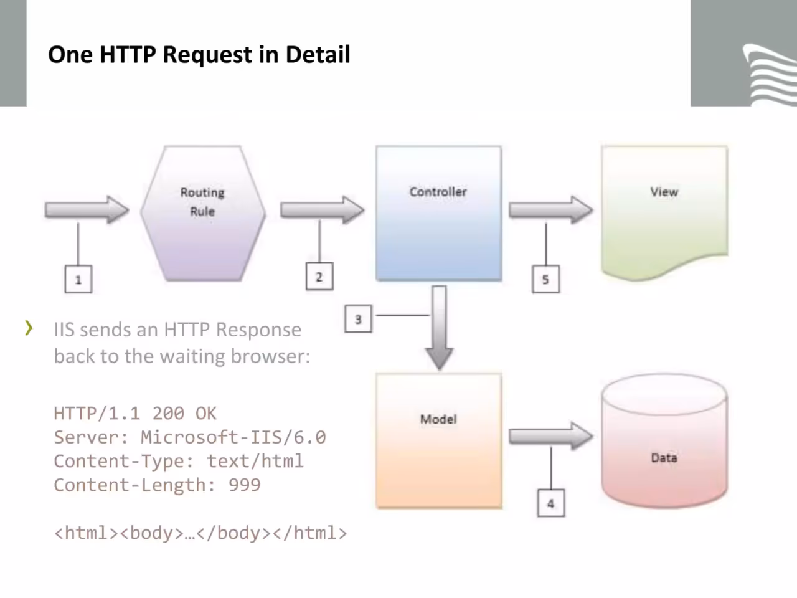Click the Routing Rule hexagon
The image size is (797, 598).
tap(203, 213)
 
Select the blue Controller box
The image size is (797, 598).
tap(438, 213)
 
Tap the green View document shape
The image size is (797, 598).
tap(664, 212)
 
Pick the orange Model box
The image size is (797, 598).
tap(438, 440)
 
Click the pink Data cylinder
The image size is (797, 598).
tap(664, 440)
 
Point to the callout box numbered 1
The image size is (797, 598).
tap(78, 279)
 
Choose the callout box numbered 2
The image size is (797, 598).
tap(319, 277)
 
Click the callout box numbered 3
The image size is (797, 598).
tap(359, 319)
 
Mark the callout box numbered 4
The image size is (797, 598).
tap(551, 503)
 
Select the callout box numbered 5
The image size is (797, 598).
tap(545, 279)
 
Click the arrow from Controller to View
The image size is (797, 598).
tap(550, 210)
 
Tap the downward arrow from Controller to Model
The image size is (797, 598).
tap(440, 328)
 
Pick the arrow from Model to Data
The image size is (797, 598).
tap(550, 436)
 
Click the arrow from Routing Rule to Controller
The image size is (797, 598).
tap(322, 210)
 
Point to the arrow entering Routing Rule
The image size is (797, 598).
tap(87, 210)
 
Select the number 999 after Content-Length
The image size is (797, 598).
tap(245, 485)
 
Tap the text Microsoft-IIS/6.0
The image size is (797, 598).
tap(233, 437)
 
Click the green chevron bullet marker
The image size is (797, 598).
tap(29, 328)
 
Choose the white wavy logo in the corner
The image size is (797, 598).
tap(770, 74)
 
